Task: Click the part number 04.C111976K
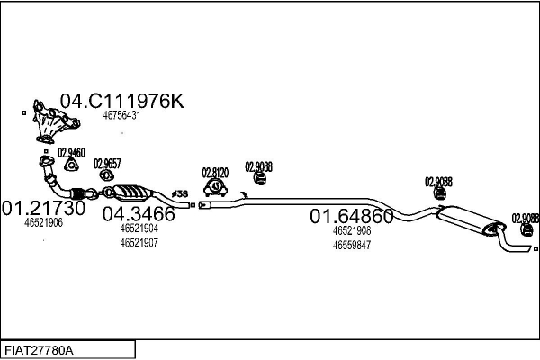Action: (121, 101)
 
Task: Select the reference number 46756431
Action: (121, 116)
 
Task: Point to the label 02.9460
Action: (71, 153)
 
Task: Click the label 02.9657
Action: (107, 163)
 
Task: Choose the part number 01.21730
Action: (43, 208)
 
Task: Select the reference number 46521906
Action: (43, 222)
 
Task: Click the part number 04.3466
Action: (138, 214)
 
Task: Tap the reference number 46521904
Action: (139, 229)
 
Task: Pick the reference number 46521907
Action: (139, 243)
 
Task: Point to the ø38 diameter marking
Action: (180, 193)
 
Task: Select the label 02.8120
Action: (215, 172)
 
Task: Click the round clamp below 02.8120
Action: (216, 187)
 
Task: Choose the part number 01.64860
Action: (352, 216)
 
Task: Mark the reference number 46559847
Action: (352, 245)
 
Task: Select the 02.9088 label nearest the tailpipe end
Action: (526, 218)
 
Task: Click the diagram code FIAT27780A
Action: (40, 348)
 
